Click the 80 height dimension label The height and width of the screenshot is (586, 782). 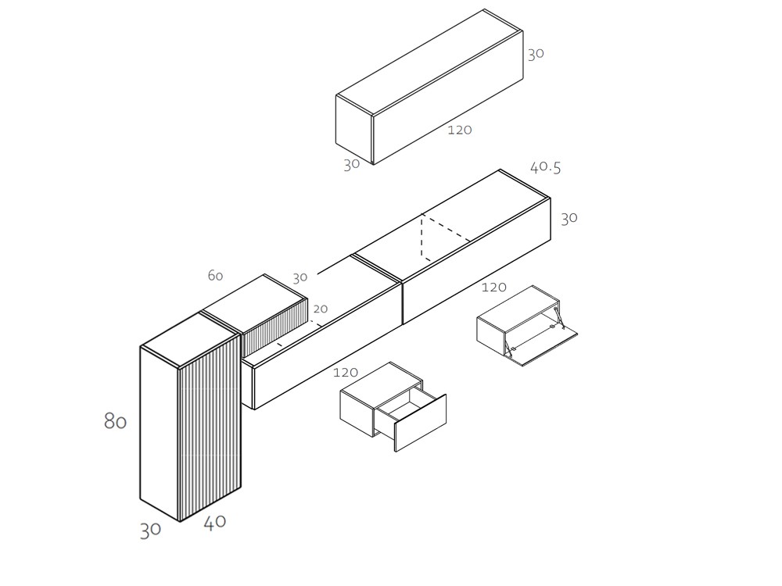(x=115, y=421)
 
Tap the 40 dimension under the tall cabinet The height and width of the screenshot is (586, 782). (x=215, y=523)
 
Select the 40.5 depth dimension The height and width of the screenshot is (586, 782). (x=545, y=167)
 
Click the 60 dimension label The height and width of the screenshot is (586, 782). (x=215, y=275)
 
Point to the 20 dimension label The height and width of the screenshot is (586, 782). (x=320, y=309)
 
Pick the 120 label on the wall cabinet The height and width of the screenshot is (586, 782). (x=459, y=130)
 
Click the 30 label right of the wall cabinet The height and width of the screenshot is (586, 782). (x=535, y=54)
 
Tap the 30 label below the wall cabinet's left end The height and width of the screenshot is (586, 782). (x=351, y=165)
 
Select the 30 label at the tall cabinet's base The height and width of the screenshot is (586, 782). (x=150, y=530)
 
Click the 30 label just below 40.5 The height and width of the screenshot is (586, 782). (x=569, y=218)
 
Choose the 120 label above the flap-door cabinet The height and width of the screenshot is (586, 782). (x=493, y=288)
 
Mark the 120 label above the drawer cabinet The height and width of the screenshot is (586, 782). (x=346, y=373)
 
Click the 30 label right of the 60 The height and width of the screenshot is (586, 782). (x=300, y=277)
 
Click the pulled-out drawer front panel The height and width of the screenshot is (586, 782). (x=420, y=423)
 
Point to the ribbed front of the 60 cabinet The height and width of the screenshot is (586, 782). (x=274, y=327)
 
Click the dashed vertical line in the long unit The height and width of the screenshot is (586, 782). (x=422, y=236)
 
